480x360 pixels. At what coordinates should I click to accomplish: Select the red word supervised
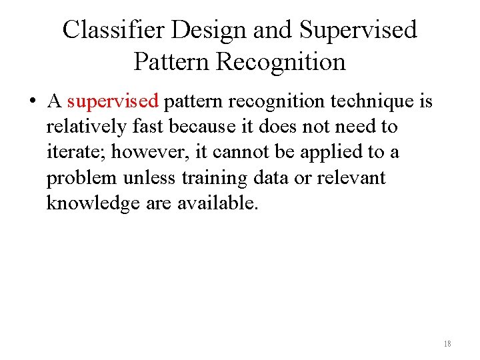[113, 102]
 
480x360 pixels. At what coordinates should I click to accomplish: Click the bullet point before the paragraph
[31, 102]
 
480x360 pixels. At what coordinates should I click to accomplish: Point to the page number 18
[447, 344]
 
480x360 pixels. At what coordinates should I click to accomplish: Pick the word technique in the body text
[377, 102]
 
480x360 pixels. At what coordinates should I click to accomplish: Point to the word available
[217, 203]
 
